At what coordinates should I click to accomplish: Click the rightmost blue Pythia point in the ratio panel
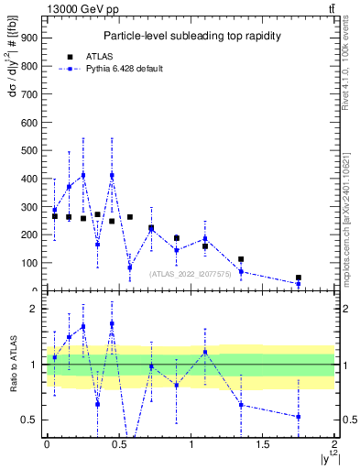[299, 417]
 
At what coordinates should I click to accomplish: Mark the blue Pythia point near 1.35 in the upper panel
[241, 271]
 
